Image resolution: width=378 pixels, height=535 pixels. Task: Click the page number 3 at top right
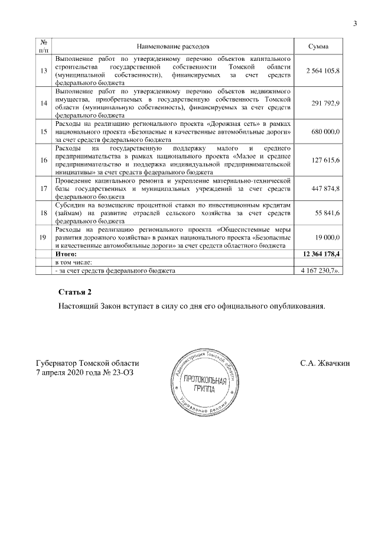tap(355, 24)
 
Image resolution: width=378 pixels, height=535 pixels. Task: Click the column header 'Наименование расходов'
tap(173, 46)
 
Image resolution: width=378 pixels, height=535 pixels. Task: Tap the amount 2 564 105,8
tap(322, 71)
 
